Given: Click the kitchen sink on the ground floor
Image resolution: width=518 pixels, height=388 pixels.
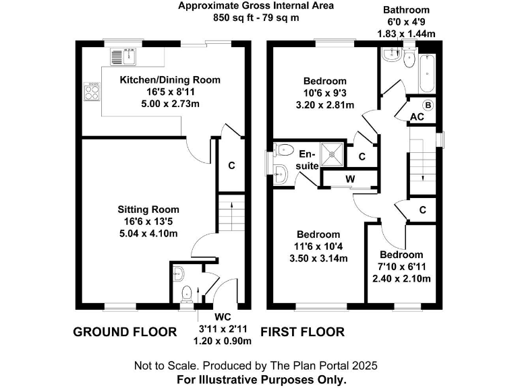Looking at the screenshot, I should [124, 57].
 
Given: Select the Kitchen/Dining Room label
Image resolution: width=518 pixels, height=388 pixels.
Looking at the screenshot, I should [170, 79].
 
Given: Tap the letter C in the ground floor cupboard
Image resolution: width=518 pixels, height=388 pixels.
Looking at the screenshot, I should [231, 166].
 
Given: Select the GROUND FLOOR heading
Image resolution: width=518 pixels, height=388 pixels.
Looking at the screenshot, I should [124, 331].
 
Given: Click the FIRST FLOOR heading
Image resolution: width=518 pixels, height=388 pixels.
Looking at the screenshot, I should [302, 331].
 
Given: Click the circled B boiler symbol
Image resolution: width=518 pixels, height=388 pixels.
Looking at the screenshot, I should [427, 106].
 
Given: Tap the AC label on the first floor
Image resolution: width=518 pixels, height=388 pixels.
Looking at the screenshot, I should [417, 117].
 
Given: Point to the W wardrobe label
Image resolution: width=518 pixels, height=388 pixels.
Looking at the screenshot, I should [350, 179].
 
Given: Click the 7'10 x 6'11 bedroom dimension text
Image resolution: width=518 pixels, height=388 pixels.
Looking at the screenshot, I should [401, 266].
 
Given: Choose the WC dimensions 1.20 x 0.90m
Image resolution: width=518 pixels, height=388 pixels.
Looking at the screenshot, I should [223, 341].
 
